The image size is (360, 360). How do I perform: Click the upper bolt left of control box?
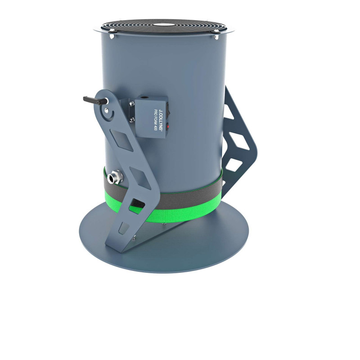point(132,104)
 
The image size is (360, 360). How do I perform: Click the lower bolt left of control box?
point(132,119)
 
